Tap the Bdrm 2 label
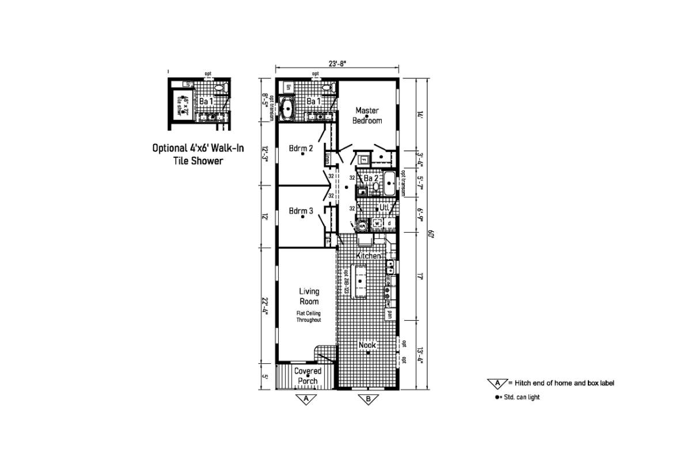tap(301, 149)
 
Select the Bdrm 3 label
tap(301, 211)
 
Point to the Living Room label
tap(309, 296)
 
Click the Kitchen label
tap(369, 255)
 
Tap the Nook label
tap(367, 345)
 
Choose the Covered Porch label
tap(307, 375)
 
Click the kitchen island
tap(360, 281)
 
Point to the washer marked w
tap(378, 223)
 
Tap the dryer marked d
tap(390, 223)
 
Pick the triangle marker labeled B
tap(367, 398)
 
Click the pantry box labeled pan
tap(390, 314)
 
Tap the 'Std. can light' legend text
tap(521, 397)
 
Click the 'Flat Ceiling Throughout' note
tap(309, 316)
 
